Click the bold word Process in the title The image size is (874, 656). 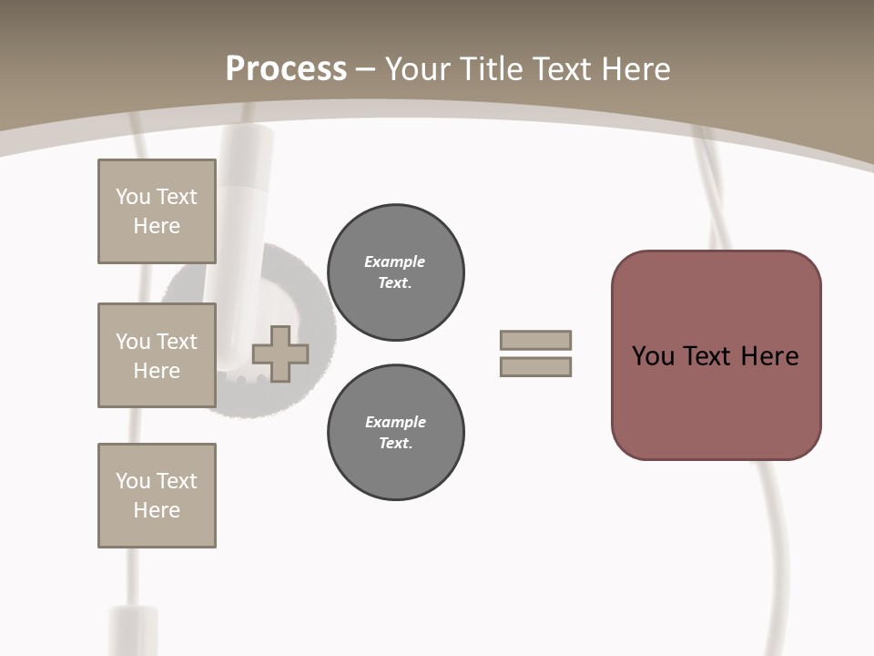(286, 69)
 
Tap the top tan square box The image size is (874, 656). (157, 211)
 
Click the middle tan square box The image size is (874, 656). (157, 355)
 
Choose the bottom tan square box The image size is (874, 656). (157, 496)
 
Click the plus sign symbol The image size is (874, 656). (280, 354)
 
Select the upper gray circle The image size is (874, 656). (395, 272)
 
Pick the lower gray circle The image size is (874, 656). (395, 433)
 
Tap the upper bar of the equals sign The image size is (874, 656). (535, 340)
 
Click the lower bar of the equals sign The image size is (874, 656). (535, 367)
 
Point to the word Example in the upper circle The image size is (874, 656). (395, 261)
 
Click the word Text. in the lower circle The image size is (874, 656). (395, 444)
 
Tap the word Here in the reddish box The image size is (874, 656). (769, 356)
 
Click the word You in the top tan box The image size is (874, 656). (133, 197)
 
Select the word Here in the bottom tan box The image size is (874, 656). (157, 510)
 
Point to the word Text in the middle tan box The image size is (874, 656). (177, 342)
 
